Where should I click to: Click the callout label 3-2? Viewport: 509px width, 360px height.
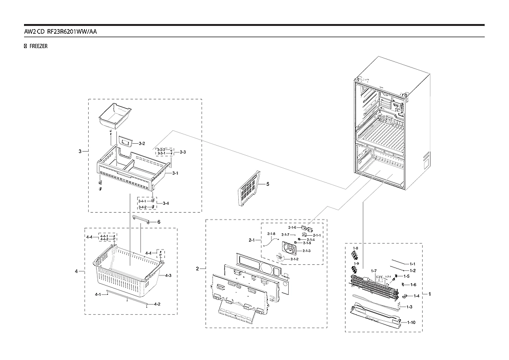point(142,144)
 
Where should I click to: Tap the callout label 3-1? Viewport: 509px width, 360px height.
point(175,173)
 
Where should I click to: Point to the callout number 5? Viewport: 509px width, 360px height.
point(267,184)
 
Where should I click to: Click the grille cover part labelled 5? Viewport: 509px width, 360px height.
point(248,190)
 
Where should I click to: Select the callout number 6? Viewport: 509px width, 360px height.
point(158,222)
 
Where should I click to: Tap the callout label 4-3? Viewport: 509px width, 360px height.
point(168,275)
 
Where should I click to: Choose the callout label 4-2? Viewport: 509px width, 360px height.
point(157,304)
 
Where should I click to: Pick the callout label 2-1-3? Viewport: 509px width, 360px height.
point(307,250)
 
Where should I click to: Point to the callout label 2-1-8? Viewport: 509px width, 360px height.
point(271,234)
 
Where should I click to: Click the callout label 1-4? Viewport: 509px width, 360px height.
point(416,296)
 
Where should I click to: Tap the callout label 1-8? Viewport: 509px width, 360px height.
point(355,248)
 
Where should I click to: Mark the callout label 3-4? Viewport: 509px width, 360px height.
point(165,203)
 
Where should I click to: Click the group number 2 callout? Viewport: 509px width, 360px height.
point(198,268)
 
